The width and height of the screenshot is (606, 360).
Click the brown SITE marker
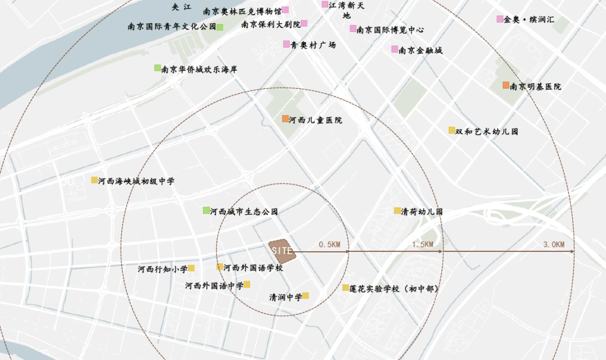(x=282, y=250)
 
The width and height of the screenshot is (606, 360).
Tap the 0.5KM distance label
(x=329, y=244)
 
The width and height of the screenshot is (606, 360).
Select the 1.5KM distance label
(x=423, y=244)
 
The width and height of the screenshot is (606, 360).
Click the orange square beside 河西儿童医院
(x=286, y=119)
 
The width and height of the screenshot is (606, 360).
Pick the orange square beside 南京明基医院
(x=506, y=85)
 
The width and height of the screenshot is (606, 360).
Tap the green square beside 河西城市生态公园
(x=206, y=210)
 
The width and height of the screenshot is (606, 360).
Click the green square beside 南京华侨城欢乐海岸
(x=158, y=68)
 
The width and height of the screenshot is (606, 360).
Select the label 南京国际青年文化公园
(x=172, y=26)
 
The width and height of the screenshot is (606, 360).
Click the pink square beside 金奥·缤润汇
(x=500, y=19)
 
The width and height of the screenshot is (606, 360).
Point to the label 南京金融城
(x=420, y=50)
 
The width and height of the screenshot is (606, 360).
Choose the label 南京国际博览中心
(x=390, y=30)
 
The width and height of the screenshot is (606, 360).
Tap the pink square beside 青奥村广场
(x=286, y=44)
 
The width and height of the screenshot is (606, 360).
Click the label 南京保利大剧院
(x=270, y=24)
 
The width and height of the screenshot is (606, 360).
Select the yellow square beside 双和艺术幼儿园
(x=452, y=130)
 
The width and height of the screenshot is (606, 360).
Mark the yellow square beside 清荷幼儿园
(x=397, y=211)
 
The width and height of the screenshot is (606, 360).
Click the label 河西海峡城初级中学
(x=136, y=181)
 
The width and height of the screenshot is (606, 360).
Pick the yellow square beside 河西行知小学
(x=191, y=268)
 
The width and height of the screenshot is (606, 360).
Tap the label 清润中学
(x=286, y=297)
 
